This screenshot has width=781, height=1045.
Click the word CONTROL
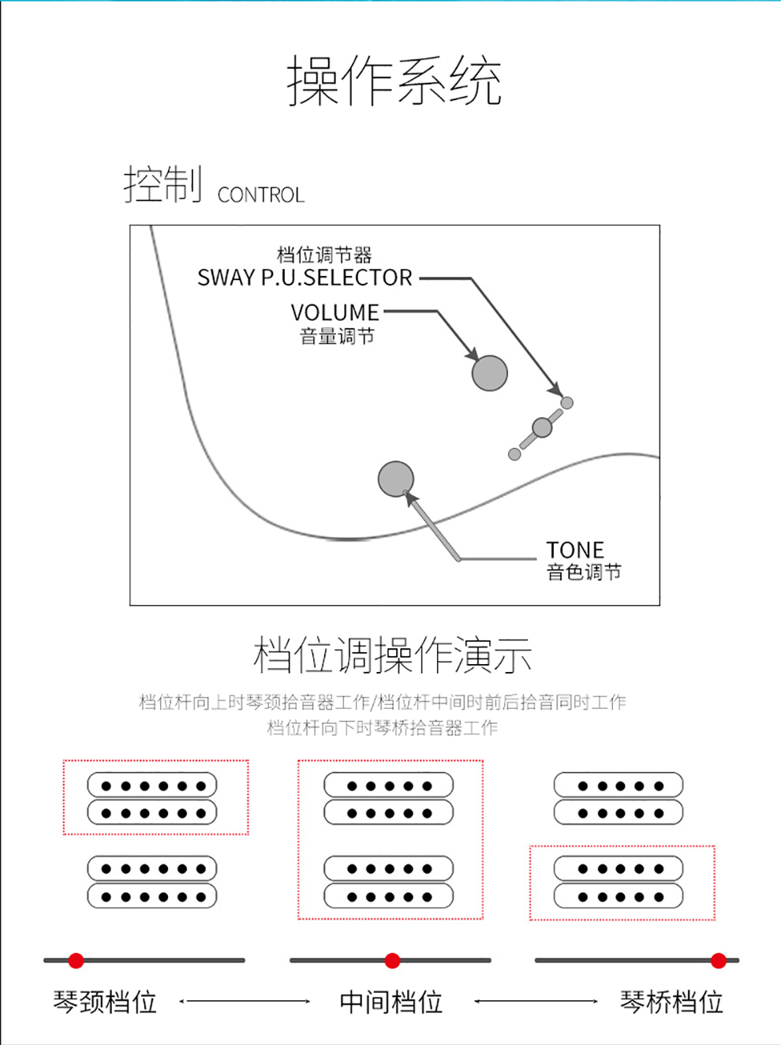261,195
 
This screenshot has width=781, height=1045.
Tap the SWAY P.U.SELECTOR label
305,278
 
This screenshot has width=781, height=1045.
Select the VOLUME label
334,313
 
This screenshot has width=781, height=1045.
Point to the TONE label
575,550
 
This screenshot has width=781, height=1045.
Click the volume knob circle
490,373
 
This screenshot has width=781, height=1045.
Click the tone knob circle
396,479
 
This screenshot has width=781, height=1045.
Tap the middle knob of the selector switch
542,427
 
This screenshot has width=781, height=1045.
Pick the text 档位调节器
324,255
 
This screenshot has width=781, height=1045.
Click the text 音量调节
337,337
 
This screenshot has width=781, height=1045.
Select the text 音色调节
584,572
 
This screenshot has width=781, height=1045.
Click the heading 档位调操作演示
392,655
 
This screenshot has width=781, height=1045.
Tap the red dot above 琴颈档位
77,961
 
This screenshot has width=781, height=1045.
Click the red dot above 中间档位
392,961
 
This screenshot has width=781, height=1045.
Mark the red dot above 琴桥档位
719,961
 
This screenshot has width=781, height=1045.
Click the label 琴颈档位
105,1002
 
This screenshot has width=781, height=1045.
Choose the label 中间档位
391,1002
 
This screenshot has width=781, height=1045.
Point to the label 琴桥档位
671,1002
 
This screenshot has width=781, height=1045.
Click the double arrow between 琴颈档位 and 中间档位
245,1001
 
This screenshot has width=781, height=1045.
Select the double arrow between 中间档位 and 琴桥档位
536,1001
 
